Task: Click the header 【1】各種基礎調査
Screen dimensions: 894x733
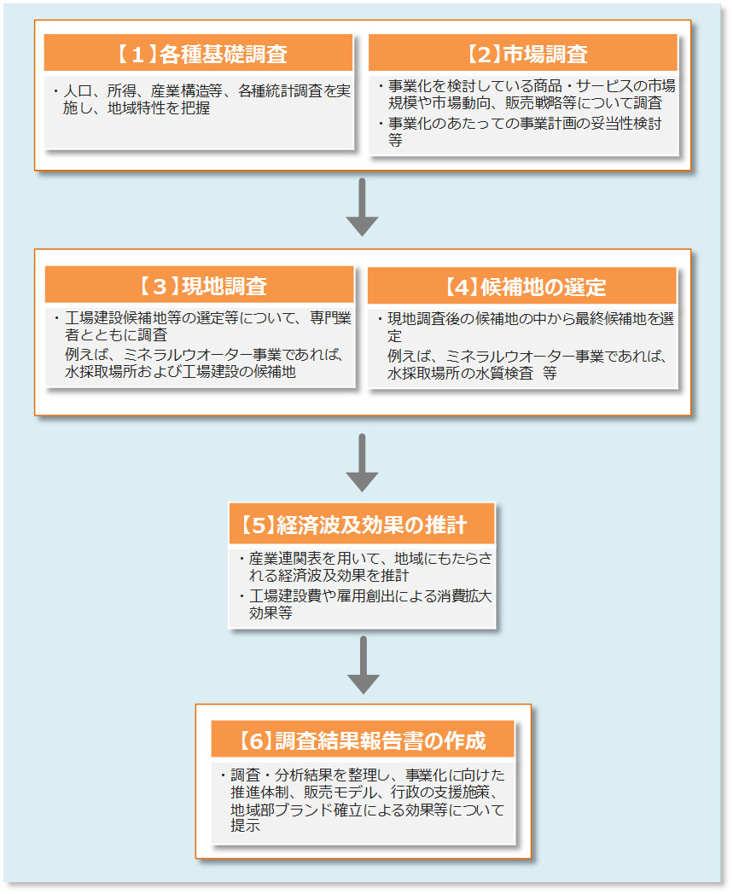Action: tap(199, 55)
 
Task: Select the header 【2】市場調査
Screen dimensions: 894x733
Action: tap(524, 55)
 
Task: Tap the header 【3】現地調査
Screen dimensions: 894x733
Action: tap(199, 286)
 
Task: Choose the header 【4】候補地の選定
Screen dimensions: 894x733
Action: tap(523, 286)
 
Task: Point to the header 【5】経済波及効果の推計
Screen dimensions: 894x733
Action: tap(362, 524)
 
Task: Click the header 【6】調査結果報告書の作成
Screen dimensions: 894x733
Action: tap(362, 740)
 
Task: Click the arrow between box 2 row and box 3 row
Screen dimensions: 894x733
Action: tap(363, 208)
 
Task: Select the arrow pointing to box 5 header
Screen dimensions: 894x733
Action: tap(363, 462)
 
